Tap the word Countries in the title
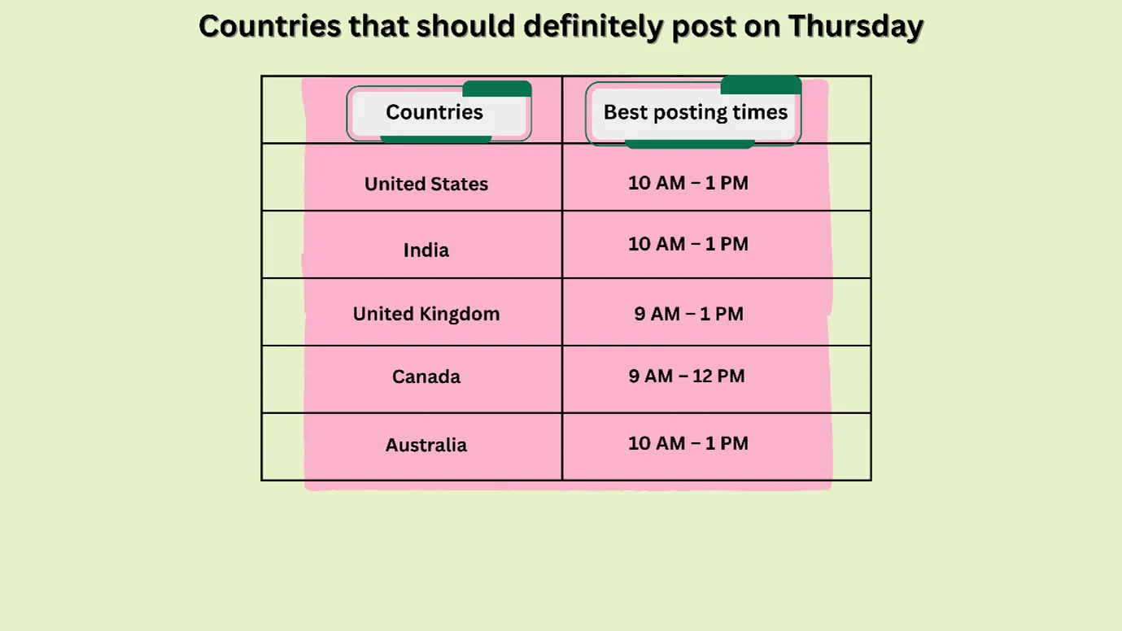tap(269, 26)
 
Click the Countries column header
tap(434, 112)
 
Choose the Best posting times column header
tap(696, 112)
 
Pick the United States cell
tap(426, 184)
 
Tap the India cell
tap(426, 250)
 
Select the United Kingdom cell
tap(426, 314)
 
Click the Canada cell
tap(426, 376)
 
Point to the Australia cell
tap(426, 445)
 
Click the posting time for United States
tap(688, 183)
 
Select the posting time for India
tap(688, 244)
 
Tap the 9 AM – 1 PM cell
tap(688, 314)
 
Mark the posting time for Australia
tap(688, 443)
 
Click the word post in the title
tap(706, 26)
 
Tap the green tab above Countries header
tap(497, 89)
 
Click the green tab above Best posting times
tap(761, 85)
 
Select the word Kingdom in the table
tap(462, 314)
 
